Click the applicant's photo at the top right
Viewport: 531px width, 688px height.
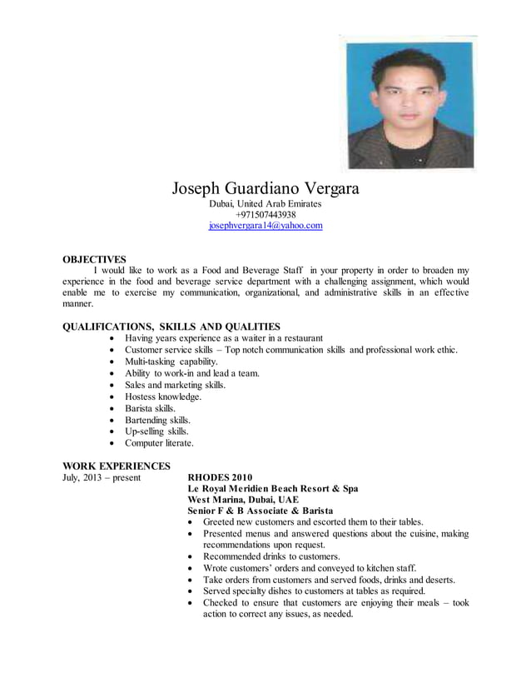coord(409,104)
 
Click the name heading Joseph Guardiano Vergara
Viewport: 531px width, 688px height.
coord(265,188)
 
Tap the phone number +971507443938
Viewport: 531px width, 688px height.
coord(265,214)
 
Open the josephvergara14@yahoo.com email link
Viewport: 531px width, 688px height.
coord(265,226)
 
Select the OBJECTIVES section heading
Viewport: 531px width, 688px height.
coord(95,259)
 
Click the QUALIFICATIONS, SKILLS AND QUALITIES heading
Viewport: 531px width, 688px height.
coord(171,327)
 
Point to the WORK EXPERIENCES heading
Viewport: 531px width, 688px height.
coord(117,466)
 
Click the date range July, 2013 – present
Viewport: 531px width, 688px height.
coord(102,478)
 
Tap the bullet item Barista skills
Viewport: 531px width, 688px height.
coord(150,409)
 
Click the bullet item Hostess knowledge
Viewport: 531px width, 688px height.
coord(163,397)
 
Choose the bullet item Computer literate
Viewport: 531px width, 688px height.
coord(159,444)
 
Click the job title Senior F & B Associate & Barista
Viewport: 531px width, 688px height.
coord(261,511)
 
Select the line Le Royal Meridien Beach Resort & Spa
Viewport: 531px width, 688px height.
coord(273,488)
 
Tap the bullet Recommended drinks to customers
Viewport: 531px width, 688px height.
coord(272,556)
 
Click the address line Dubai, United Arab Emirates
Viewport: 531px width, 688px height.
coord(265,203)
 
